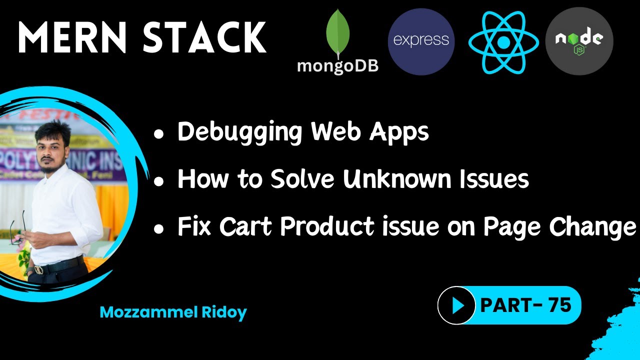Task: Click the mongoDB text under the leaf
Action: [x=337, y=66]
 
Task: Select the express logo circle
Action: [x=421, y=41]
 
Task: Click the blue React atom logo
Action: [x=503, y=42]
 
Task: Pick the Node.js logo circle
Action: [x=579, y=41]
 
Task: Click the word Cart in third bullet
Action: [x=246, y=227]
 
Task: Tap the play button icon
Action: [x=456, y=305]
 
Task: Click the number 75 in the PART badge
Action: [x=559, y=304]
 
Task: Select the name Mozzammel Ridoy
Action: [x=173, y=312]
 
